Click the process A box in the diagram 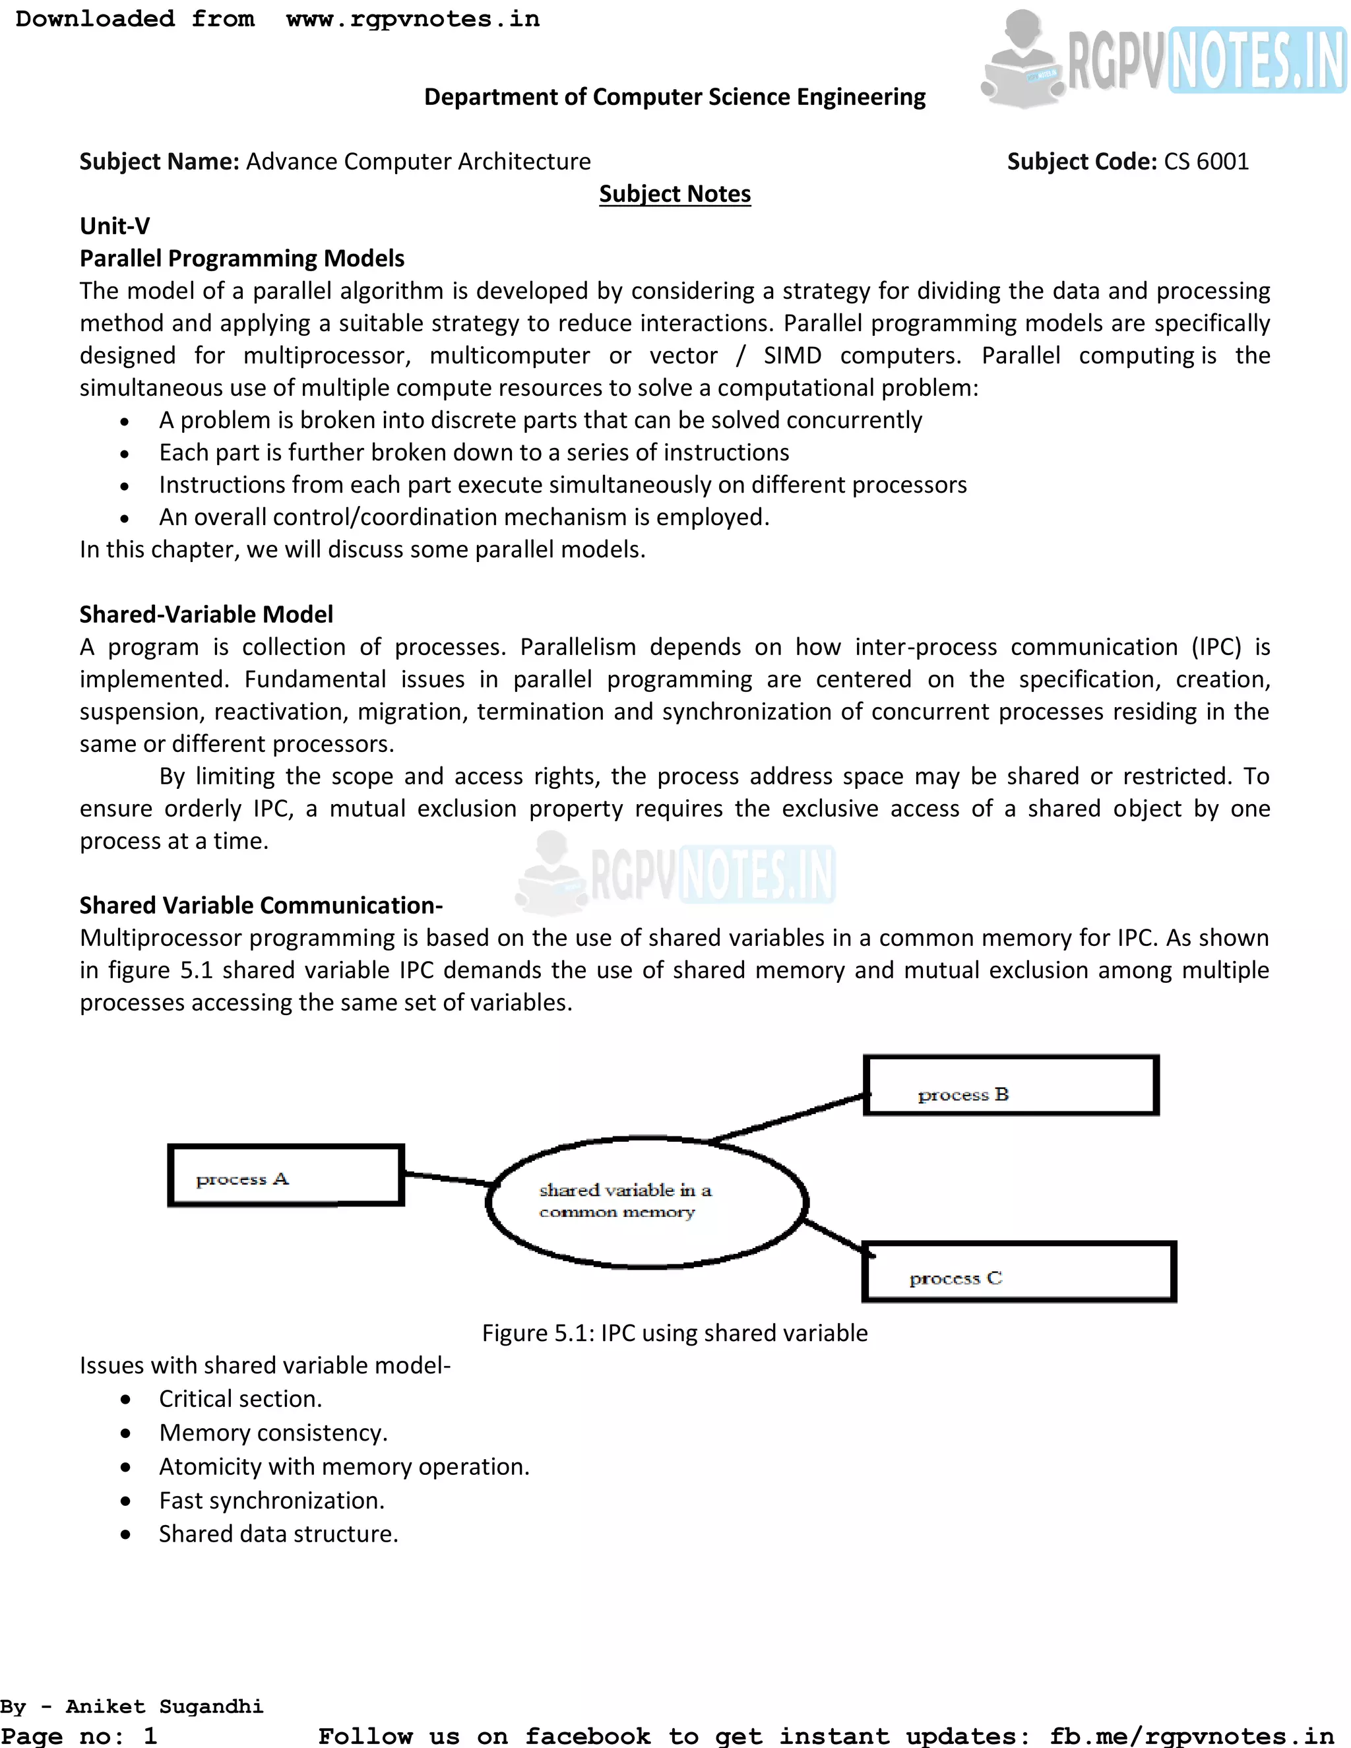[x=286, y=1175]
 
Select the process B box [x=1011, y=1085]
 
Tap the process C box [x=1019, y=1272]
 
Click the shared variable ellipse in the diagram [x=646, y=1202]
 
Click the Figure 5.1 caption [x=675, y=1332]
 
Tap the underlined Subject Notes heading [x=675, y=194]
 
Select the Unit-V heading [x=114, y=226]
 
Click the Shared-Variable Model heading [x=206, y=614]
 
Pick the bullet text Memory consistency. [x=273, y=1432]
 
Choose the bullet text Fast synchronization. [x=271, y=1500]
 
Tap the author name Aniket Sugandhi [x=164, y=1706]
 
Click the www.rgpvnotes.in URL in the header [x=413, y=18]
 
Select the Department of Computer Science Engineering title [x=675, y=97]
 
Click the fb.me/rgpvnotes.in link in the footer [x=1192, y=1735]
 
